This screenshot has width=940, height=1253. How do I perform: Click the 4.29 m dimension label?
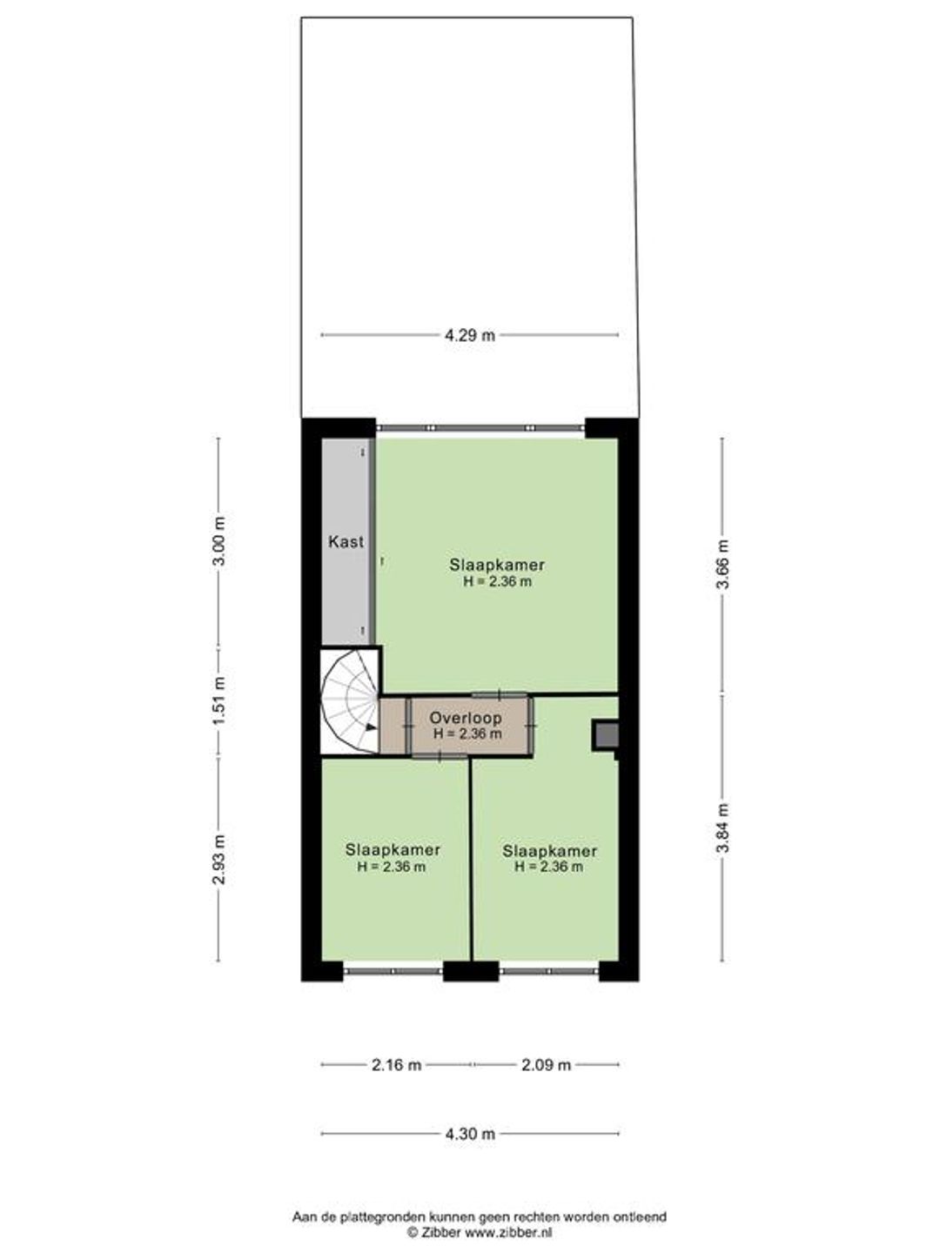(470, 335)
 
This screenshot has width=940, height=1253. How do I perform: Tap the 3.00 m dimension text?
(219, 540)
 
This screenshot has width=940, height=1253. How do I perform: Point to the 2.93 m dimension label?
(219, 859)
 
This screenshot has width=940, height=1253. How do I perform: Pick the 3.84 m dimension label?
(723, 828)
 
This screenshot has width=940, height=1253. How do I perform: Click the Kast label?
(346, 541)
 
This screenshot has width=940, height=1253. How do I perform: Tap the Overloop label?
(465, 718)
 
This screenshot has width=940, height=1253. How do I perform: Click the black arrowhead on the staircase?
(371, 727)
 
